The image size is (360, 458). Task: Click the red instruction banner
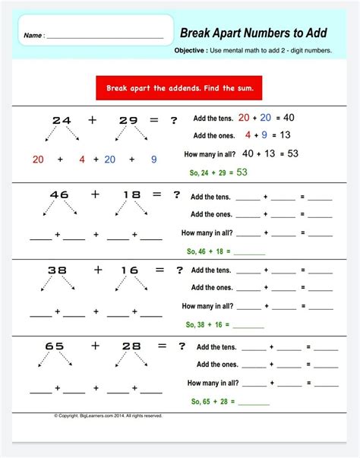[x=179, y=88]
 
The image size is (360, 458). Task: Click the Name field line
[x=105, y=36]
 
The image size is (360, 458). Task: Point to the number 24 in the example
[x=61, y=120]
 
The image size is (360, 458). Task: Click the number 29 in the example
[x=128, y=120]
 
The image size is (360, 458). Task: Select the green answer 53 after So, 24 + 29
[x=242, y=172]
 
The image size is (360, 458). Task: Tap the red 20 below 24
[x=38, y=160]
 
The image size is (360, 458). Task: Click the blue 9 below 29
[x=153, y=160]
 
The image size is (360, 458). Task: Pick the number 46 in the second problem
[x=59, y=194]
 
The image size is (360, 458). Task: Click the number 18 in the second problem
[x=131, y=194]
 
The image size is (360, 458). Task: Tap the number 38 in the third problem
[x=58, y=270]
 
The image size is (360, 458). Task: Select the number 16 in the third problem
[x=130, y=270]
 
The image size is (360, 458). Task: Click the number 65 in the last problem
[x=55, y=346]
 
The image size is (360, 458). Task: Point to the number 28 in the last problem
[x=131, y=346]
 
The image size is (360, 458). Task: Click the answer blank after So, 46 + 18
[x=250, y=251]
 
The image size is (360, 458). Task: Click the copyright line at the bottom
[x=108, y=415]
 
